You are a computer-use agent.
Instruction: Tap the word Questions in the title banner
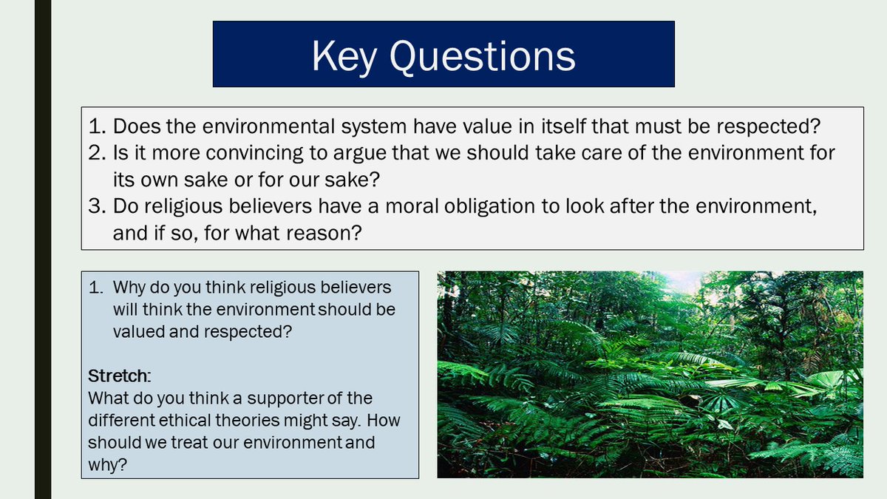pyautogui.click(x=483, y=56)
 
